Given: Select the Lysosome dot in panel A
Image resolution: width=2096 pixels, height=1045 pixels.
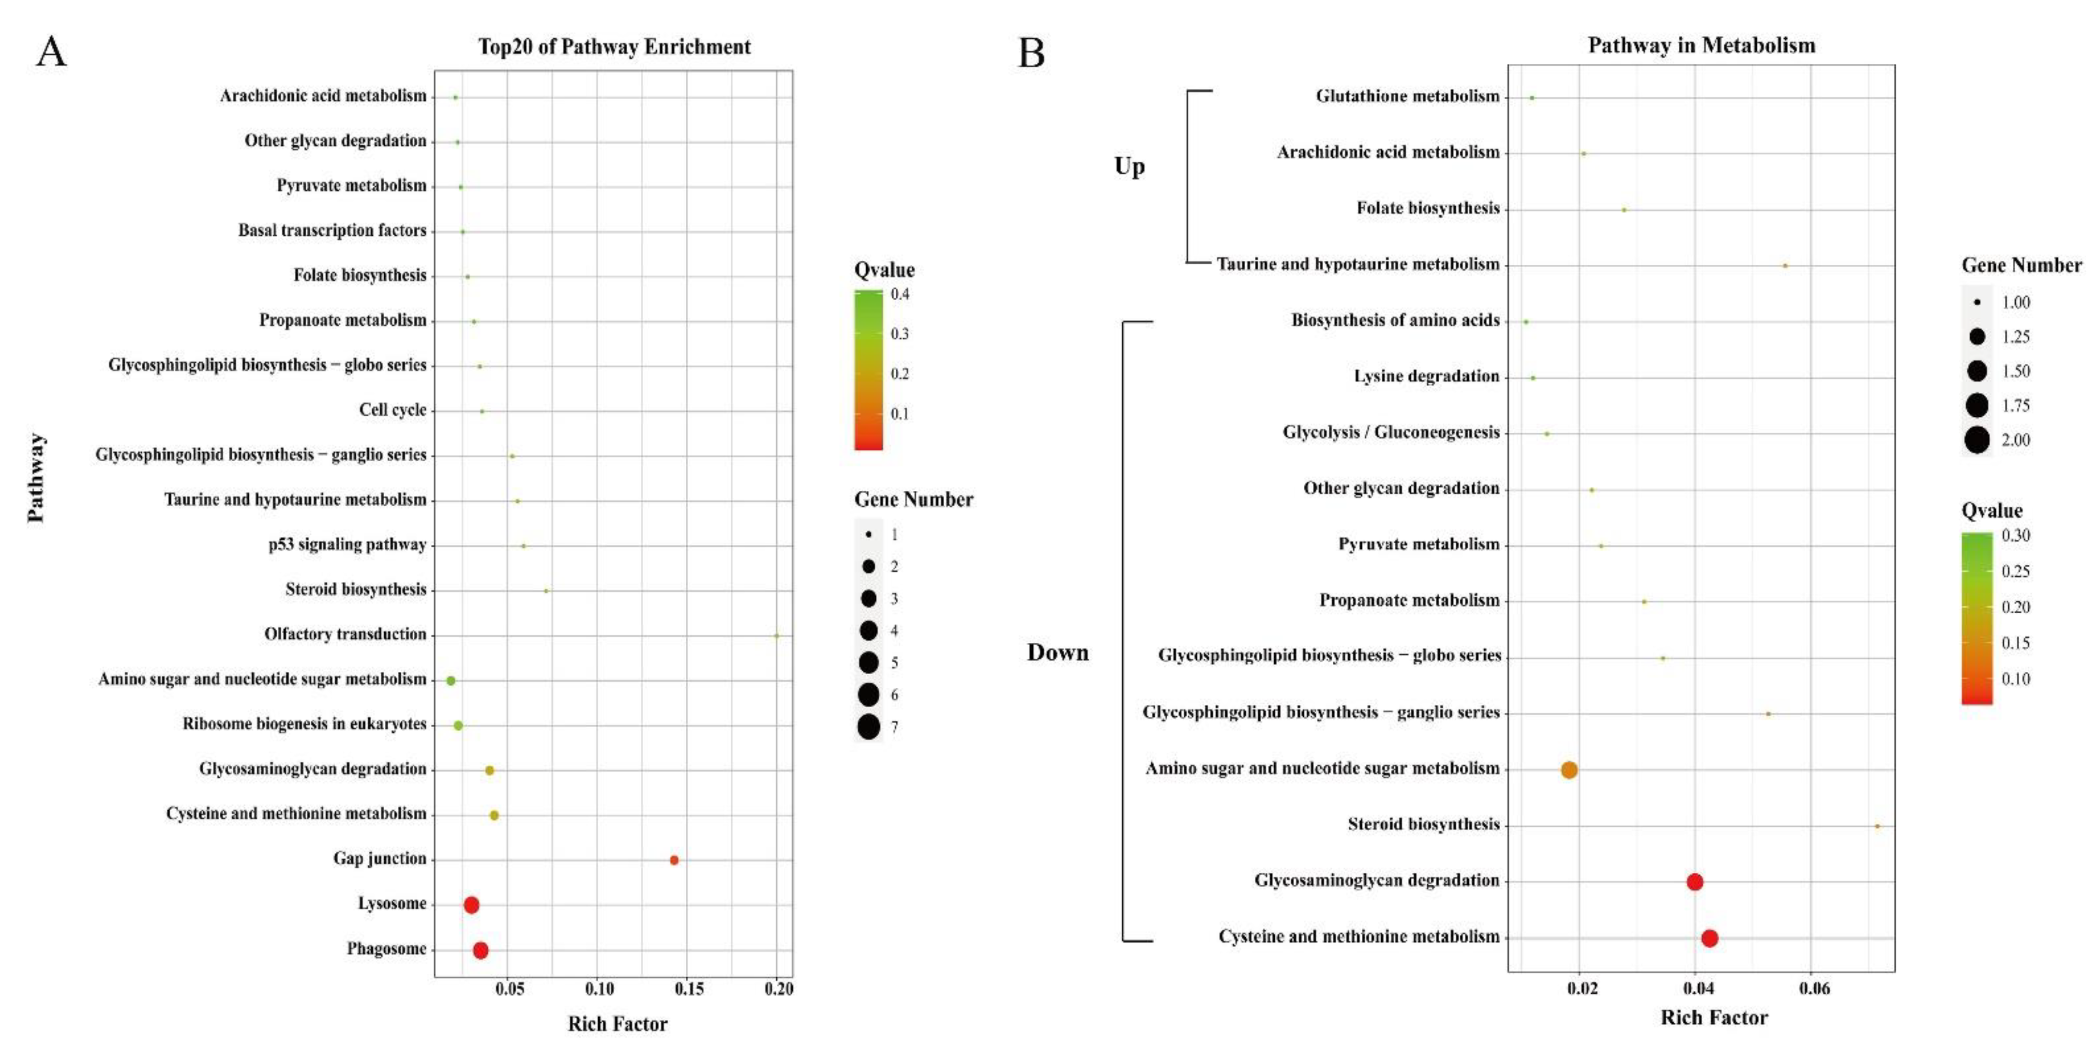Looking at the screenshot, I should click(x=471, y=904).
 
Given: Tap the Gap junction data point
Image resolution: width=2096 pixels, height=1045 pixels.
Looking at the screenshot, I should click(x=674, y=860).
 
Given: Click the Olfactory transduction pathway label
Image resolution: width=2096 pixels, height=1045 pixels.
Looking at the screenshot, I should click(x=345, y=634).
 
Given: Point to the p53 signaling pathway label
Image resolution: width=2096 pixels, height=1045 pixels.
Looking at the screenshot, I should click(x=347, y=545).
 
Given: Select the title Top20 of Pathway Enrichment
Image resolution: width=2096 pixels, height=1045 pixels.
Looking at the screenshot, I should click(x=614, y=46).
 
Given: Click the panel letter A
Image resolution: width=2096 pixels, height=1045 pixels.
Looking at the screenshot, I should click(x=51, y=52).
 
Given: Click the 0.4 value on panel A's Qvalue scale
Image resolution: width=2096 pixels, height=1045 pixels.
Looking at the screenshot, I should click(x=900, y=294).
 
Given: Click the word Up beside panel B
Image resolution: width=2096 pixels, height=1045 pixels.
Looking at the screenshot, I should click(x=1130, y=166).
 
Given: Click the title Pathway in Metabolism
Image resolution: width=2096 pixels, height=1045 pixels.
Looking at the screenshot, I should click(x=1702, y=45).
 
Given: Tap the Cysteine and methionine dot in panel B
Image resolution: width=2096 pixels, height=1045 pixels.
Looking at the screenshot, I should click(x=1709, y=938).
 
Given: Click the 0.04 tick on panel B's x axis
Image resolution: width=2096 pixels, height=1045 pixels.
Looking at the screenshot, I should click(x=1698, y=989).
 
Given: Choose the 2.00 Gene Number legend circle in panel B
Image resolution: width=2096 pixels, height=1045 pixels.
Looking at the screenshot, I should click(x=1977, y=440).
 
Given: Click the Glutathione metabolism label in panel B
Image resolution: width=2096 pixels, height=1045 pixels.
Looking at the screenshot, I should click(x=1407, y=96).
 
